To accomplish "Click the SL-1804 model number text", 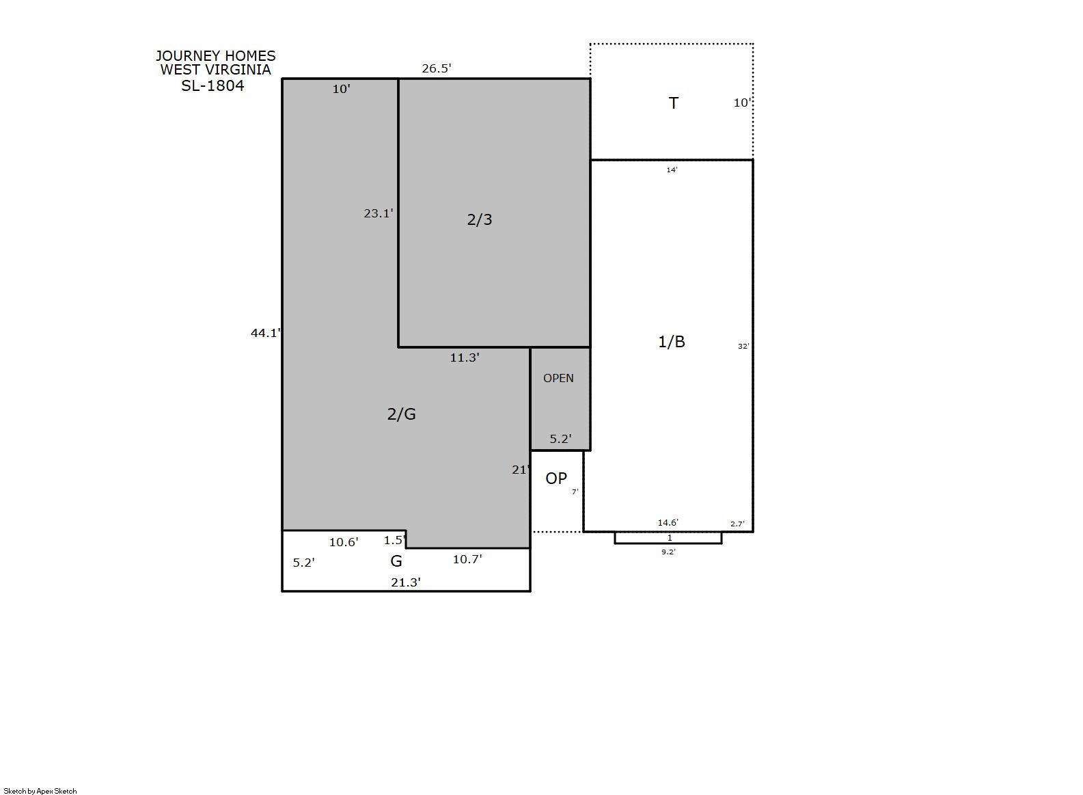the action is coord(213,85).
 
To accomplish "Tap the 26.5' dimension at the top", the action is coord(437,68).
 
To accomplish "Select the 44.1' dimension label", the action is coord(265,333).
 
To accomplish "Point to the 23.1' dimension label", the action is coord(379,213).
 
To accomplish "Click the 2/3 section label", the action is coord(480,220).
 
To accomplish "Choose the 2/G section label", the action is coord(401,414).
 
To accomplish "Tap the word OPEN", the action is coord(558,378).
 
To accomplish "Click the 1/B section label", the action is coord(672,342).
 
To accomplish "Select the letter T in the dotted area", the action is coord(674,103).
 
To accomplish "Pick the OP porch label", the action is coord(556,479).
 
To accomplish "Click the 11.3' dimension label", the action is coord(465,358).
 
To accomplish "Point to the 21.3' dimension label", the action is coord(406,582).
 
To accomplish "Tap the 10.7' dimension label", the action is coord(467,559).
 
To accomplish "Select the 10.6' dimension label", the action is coord(344,542).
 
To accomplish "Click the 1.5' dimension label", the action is coord(395,540).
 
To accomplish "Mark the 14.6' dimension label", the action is coord(668,522).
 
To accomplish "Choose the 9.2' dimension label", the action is coord(669,552).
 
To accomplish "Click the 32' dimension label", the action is coord(743,346).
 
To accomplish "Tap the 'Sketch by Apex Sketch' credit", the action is coord(40,791).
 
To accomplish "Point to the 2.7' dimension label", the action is coord(737,524).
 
